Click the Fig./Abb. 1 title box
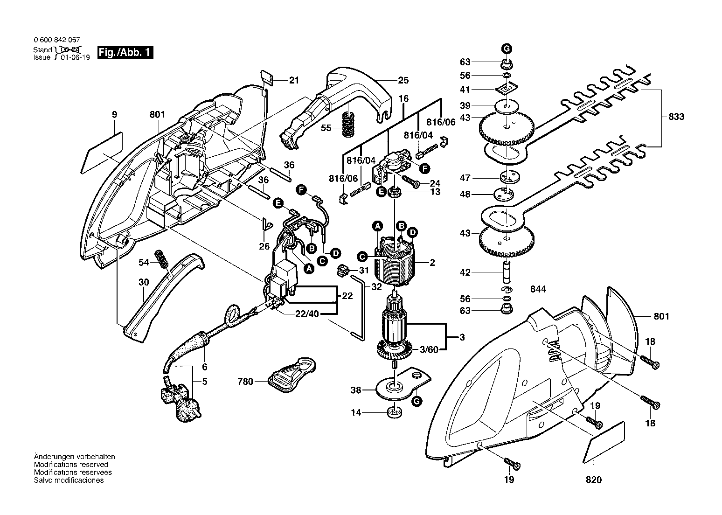pyautogui.click(x=125, y=53)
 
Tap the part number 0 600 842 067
pyautogui.click(x=57, y=40)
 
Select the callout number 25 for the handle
pyautogui.click(x=403, y=80)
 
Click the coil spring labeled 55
pyautogui.click(x=347, y=124)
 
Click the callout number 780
pyautogui.click(x=245, y=382)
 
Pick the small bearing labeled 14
pyautogui.click(x=395, y=412)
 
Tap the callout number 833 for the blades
pyautogui.click(x=676, y=116)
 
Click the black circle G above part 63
pyautogui.click(x=507, y=49)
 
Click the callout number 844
pyautogui.click(x=538, y=289)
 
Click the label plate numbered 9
pyautogui.click(x=102, y=153)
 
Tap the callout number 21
pyautogui.click(x=294, y=80)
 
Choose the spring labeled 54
pyautogui.click(x=162, y=259)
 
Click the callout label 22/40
pyautogui.click(x=307, y=313)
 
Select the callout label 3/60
pyautogui.click(x=429, y=349)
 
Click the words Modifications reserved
pyautogui.click(x=71, y=465)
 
